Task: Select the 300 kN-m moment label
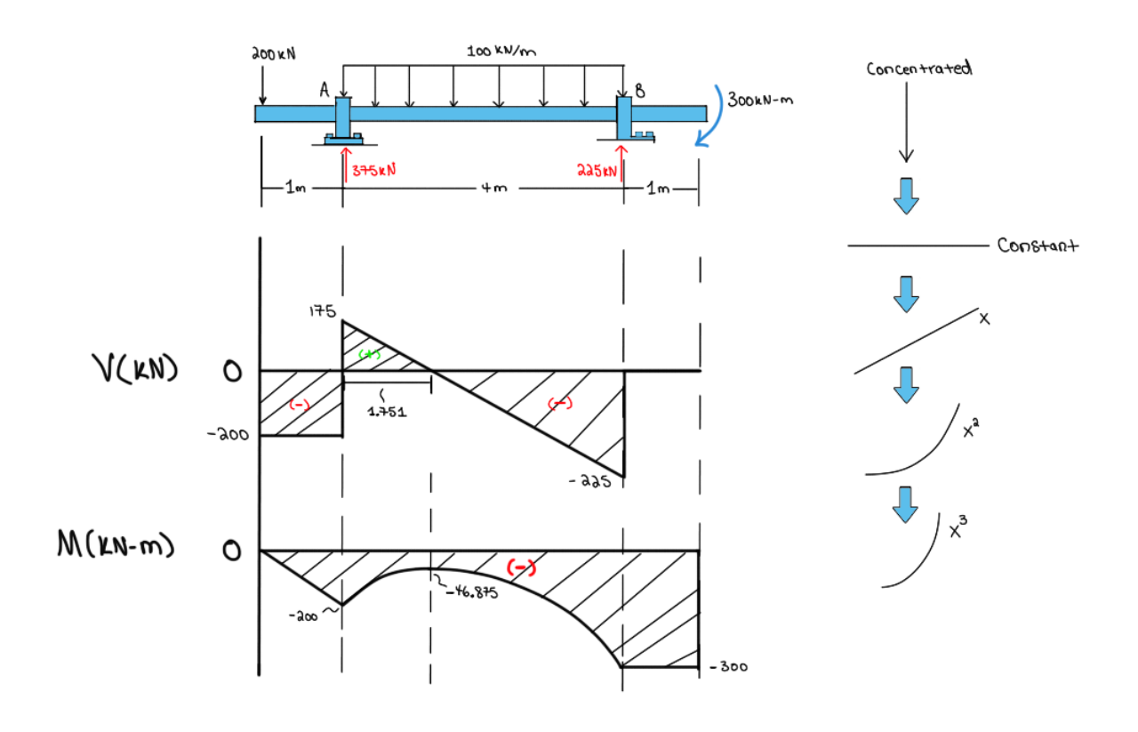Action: [760, 100]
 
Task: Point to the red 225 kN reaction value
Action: [597, 169]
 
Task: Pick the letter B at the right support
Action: [640, 90]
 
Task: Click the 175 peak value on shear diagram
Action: [322, 312]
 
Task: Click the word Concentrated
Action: [918, 69]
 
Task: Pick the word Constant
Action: [1038, 245]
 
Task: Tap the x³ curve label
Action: [958, 530]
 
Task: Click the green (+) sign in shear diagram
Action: [367, 354]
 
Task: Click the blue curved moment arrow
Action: [715, 117]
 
